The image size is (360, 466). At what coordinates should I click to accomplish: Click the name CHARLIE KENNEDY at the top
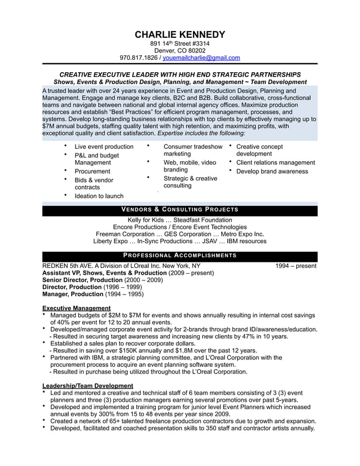pyautogui.click(x=180, y=35)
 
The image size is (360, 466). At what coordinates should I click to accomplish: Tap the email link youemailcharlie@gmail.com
pyautogui.click(x=201, y=58)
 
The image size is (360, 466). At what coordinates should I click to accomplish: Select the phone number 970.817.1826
pyautogui.click(x=139, y=58)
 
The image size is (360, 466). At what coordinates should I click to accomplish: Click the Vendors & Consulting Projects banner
pyautogui.click(x=180, y=210)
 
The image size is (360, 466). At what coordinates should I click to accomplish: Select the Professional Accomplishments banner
pyautogui.click(x=180, y=255)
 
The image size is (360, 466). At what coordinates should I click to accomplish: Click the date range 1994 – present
pyautogui.click(x=296, y=266)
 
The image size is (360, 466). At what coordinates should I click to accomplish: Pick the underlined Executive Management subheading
pyautogui.click(x=76, y=308)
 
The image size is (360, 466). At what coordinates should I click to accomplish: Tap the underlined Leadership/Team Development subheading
pyautogui.click(x=87, y=385)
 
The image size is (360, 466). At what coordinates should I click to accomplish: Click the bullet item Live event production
pyautogui.click(x=104, y=147)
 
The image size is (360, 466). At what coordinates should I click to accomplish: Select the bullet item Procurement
pyautogui.click(x=93, y=172)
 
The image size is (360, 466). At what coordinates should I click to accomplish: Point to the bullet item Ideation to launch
pyautogui.click(x=99, y=196)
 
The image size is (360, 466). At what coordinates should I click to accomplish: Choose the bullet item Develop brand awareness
pyautogui.click(x=272, y=172)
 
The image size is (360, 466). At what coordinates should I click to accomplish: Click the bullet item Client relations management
pyautogui.click(x=275, y=162)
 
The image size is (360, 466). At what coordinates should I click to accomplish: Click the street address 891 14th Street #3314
pyautogui.click(x=180, y=43)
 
